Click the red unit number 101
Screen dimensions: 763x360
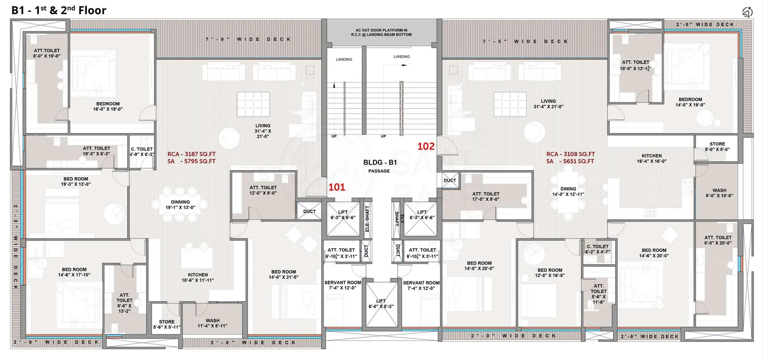(337, 187)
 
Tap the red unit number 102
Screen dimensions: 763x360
(426, 146)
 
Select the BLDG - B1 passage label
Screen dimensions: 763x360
(380, 166)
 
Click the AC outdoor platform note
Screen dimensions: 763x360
(381, 32)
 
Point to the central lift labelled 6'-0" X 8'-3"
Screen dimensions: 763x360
(381, 304)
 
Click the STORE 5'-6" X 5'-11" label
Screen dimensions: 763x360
(167, 324)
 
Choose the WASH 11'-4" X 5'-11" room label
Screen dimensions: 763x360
(213, 323)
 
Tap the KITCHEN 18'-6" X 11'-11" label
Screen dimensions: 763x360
(198, 277)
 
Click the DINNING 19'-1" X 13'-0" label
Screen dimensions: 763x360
(180, 205)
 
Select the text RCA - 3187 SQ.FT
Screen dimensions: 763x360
(192, 154)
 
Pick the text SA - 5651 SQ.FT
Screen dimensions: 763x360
(570, 161)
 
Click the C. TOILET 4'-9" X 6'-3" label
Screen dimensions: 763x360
(142, 152)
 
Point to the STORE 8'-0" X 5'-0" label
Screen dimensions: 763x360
(717, 147)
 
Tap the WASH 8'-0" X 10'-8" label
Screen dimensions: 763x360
(719, 193)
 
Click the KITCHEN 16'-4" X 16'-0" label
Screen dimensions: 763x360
(652, 159)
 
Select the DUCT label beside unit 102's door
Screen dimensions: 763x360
(450, 180)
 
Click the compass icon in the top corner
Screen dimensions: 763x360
(747, 12)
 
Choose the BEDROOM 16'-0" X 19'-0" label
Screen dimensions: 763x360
(108, 106)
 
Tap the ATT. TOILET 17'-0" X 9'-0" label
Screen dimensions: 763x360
(486, 197)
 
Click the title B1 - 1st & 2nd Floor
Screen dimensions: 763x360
(59, 10)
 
